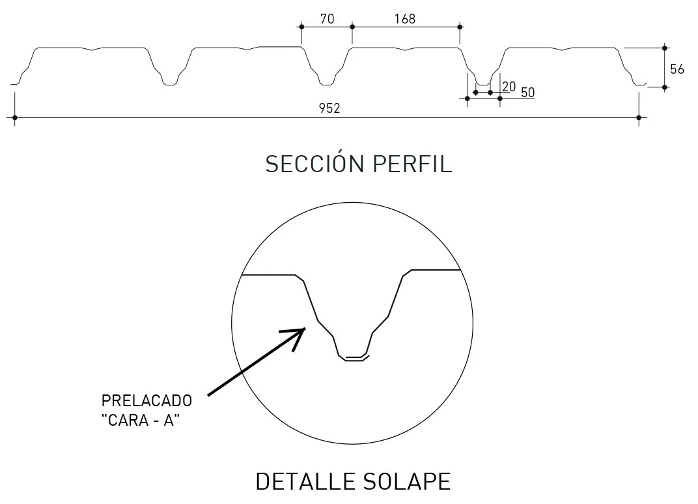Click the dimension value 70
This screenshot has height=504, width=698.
327,19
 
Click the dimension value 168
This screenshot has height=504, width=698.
404,19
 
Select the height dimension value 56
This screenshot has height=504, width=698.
677,69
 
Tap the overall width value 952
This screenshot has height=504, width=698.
329,108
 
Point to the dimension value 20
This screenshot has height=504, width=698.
509,87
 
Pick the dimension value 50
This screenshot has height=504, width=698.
528,93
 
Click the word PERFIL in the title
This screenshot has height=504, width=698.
412,164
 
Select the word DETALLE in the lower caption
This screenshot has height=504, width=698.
305,481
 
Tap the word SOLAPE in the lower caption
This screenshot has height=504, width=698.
407,481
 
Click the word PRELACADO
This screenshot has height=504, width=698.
147,400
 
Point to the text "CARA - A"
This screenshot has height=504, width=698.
141,421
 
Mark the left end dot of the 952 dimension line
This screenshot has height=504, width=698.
15,117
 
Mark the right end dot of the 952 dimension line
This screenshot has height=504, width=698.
639,117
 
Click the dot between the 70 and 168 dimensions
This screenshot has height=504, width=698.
352,27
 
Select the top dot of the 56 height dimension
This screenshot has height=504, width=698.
665,48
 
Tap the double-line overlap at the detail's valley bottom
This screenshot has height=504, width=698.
354,357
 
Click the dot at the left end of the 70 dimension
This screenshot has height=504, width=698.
301,27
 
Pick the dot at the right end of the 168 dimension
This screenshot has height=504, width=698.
460,27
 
